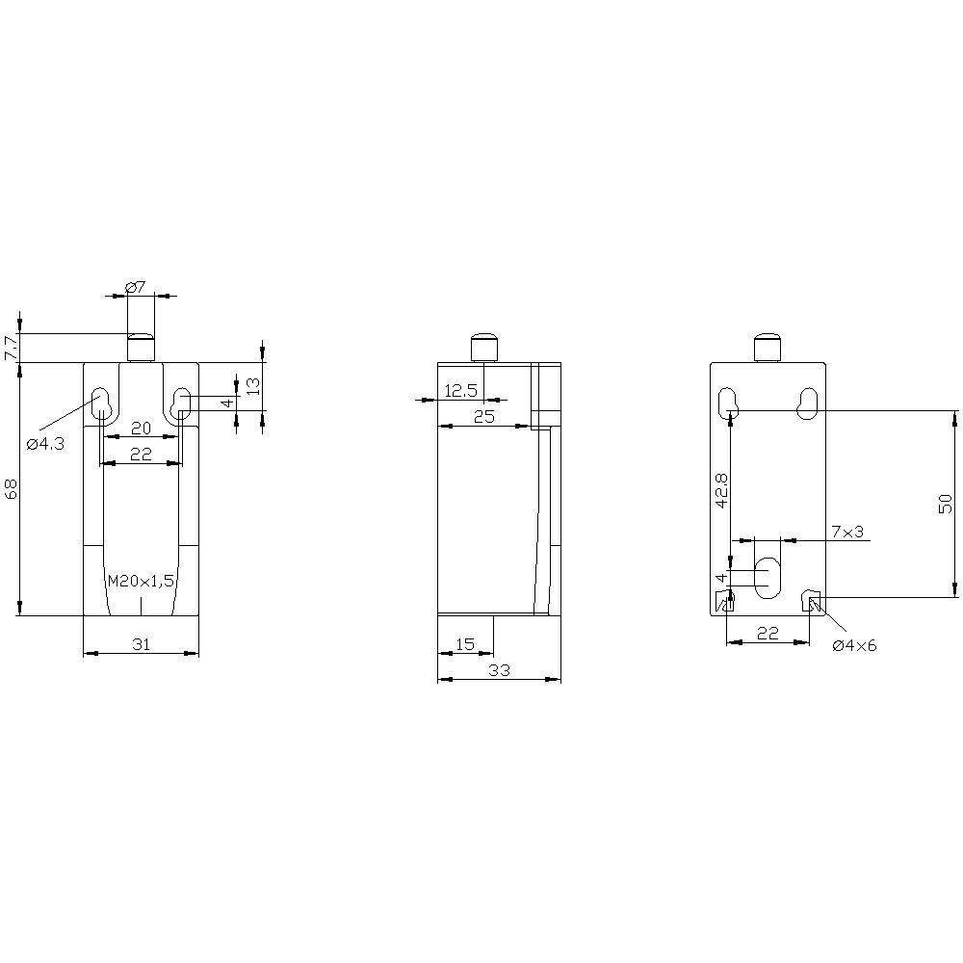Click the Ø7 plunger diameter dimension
[x=135, y=287]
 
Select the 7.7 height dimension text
[x=11, y=348]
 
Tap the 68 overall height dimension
[x=11, y=490]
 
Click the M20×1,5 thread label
[x=141, y=581]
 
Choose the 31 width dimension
[x=141, y=644]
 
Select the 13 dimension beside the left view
[x=252, y=386]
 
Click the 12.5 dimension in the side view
[x=460, y=390]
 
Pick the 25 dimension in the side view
[x=483, y=416]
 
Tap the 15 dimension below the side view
[x=465, y=644]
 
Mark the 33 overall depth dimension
[x=498, y=670]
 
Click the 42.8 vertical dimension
[x=721, y=490]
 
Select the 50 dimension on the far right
[x=945, y=503]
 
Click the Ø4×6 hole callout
[x=854, y=645]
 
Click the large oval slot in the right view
[x=768, y=577]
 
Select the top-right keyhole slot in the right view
[x=808, y=403]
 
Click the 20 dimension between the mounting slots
[x=141, y=428]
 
